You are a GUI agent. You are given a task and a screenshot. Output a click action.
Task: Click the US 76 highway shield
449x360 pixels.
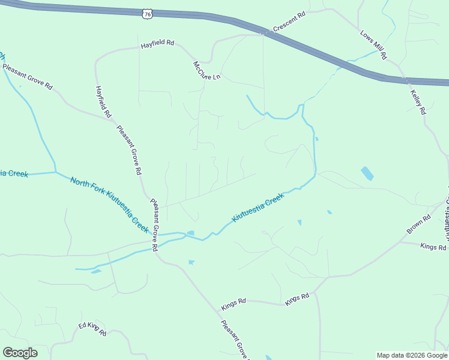coord(147,14)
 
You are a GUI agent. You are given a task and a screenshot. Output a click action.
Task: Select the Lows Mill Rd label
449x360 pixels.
coord(373,44)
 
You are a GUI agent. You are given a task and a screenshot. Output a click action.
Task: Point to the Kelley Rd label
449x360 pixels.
coord(418,101)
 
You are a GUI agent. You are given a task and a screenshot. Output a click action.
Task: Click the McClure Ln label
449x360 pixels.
coord(207,71)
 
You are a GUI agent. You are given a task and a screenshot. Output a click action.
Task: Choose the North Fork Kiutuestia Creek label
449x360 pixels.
coord(109,205)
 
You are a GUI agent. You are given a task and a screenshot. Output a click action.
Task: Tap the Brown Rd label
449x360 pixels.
coord(418,224)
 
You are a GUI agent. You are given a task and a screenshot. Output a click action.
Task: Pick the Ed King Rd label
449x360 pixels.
coord(92,329)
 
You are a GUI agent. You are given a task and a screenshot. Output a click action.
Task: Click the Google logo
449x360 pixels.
coord(20,353)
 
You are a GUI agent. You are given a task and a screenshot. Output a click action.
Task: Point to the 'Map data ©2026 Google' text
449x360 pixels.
coord(412,355)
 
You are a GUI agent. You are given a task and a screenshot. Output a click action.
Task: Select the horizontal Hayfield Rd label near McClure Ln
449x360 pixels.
coord(157,44)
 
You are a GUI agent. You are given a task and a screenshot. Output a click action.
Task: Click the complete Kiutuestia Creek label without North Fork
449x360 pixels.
coord(258,208)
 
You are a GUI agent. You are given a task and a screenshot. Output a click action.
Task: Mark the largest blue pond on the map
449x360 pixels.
coord(367,174)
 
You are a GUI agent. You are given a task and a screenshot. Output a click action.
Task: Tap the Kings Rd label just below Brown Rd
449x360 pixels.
coord(433,247)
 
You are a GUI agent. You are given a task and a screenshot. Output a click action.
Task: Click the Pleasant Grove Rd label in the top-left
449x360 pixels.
coord(28,77)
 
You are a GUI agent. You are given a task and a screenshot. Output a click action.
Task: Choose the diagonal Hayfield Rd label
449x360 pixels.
coord(103,101)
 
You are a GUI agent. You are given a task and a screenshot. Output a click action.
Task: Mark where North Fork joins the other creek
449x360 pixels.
coord(55,172)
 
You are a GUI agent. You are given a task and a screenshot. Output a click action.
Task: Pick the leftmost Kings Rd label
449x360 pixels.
coord(234,305)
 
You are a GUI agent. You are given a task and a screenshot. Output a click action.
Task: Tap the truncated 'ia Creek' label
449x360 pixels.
coord(14,174)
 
